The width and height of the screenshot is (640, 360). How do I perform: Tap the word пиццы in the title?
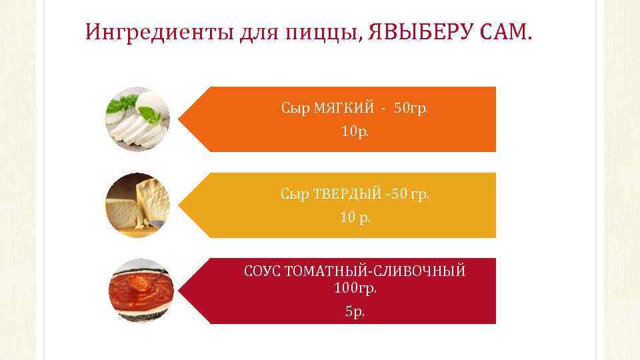[x=327, y=32]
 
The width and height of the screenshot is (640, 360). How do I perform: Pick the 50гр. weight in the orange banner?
[x=411, y=109]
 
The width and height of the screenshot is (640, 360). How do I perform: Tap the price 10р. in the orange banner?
[x=355, y=131]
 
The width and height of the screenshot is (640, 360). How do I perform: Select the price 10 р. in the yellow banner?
[x=355, y=217]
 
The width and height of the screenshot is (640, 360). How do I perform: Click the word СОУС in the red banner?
[x=262, y=271]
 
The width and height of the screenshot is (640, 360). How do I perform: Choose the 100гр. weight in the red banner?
[x=355, y=288]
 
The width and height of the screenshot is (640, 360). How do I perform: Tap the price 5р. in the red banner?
[x=355, y=311]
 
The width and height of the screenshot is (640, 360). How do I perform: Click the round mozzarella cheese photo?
[x=138, y=119]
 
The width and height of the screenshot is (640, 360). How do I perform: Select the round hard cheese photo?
[x=138, y=205]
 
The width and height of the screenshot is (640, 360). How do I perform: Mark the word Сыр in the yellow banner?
[x=293, y=195]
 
